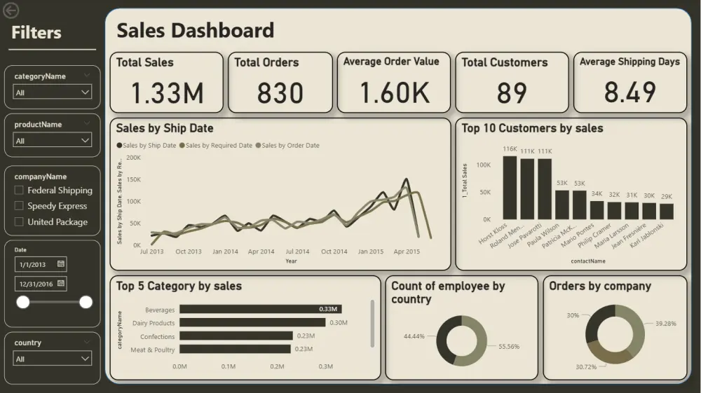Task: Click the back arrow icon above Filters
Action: coord(11,10)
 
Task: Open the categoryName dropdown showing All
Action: coord(53,92)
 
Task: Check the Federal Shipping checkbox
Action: coord(19,190)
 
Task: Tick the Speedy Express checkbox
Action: coord(19,206)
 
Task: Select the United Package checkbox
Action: coord(19,222)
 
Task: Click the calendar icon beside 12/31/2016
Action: coord(61,284)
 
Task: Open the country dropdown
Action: coord(53,359)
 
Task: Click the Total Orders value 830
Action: coord(280,93)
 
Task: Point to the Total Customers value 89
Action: coord(512,93)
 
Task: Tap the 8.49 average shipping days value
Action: coord(629,92)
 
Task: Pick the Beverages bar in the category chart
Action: coord(260,309)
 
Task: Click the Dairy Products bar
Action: coord(252,322)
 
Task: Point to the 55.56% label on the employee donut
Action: coord(509,346)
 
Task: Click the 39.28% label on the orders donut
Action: coord(665,324)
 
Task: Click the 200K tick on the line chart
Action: coord(133,158)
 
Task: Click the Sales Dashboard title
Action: coord(196,30)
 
